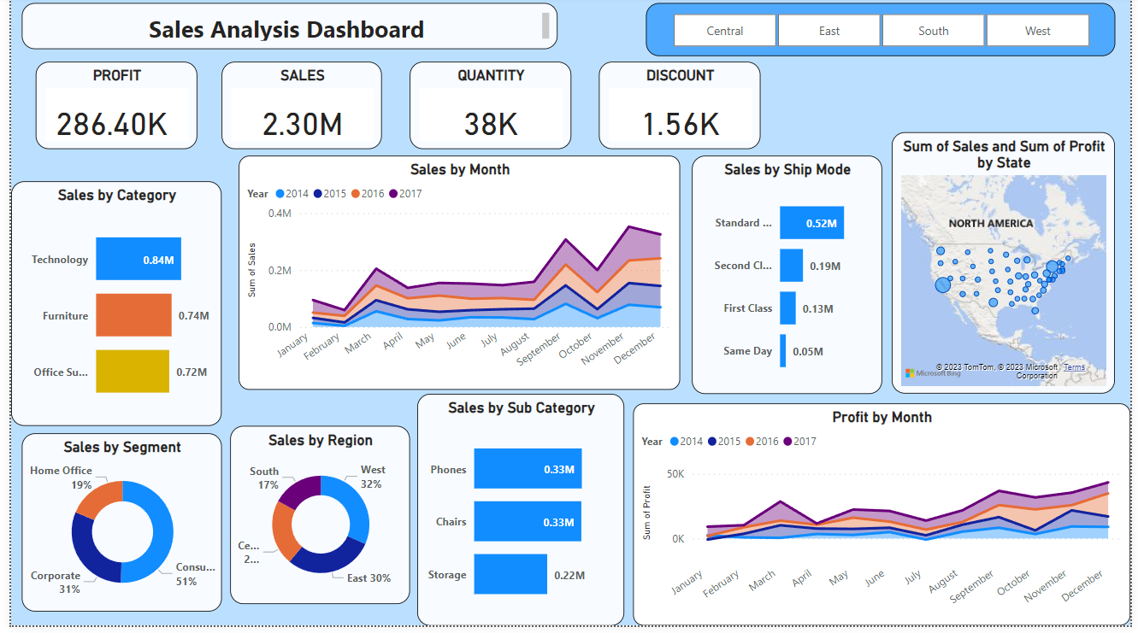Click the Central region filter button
click(725, 31)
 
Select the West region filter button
click(1037, 31)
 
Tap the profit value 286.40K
click(112, 125)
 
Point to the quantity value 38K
click(491, 125)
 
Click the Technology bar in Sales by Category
click(139, 259)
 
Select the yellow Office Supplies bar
click(133, 372)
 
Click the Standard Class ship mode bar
click(811, 223)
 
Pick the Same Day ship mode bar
click(782, 351)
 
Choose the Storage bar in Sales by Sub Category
click(510, 575)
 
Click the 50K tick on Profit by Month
click(675, 473)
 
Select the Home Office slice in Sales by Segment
click(98, 501)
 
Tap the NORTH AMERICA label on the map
click(991, 223)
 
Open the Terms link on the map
click(1074, 367)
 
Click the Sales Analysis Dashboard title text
click(286, 30)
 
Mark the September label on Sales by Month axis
click(539, 350)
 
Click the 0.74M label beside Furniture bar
click(193, 316)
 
